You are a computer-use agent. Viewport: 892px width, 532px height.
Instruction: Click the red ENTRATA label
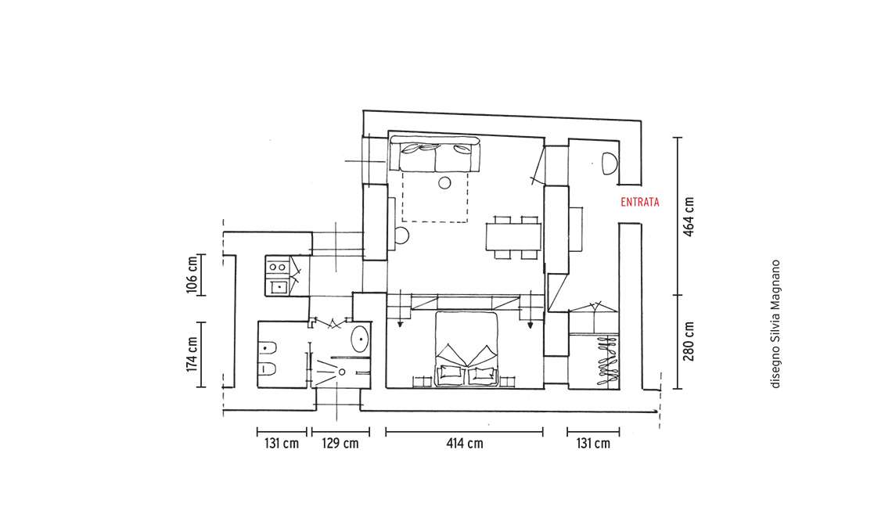point(640,202)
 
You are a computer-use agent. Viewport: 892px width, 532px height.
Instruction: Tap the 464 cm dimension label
point(689,217)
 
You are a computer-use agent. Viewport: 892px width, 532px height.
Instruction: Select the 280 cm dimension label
point(689,341)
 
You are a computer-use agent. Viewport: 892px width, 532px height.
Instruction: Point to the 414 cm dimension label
point(465,444)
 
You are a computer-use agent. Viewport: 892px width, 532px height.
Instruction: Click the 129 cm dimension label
point(340,444)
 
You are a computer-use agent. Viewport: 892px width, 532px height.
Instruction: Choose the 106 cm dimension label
point(192,275)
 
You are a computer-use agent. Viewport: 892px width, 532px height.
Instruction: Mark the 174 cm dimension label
point(192,354)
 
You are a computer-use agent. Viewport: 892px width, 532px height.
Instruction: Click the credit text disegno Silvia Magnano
point(775,325)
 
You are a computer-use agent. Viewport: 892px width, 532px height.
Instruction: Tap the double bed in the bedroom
point(466,348)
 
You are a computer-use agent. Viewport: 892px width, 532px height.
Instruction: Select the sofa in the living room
point(436,155)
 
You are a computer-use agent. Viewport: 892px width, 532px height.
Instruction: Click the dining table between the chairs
point(514,237)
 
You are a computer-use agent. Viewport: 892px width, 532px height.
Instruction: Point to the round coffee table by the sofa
point(444,183)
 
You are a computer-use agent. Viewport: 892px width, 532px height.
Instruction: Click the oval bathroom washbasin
point(360,339)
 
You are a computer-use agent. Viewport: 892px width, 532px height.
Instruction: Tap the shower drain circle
point(342,372)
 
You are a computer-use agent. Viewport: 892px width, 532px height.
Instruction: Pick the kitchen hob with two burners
point(277,266)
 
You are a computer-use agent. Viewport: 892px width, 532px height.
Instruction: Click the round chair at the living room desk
point(401,235)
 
